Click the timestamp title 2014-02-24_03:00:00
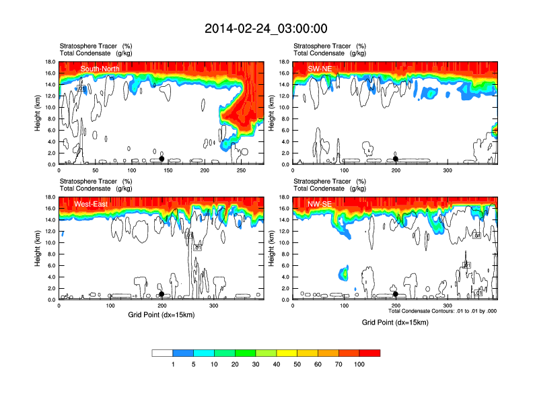[266, 28]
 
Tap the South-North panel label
[101, 69]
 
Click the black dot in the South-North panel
[162, 158]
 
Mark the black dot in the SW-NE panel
[396, 159]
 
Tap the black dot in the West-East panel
[162, 294]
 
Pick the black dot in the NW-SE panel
[396, 294]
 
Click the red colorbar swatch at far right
[369, 353]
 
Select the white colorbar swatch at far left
[162, 353]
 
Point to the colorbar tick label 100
[359, 364]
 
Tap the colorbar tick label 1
[173, 364]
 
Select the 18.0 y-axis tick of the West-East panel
[49, 198]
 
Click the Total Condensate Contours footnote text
[443, 311]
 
